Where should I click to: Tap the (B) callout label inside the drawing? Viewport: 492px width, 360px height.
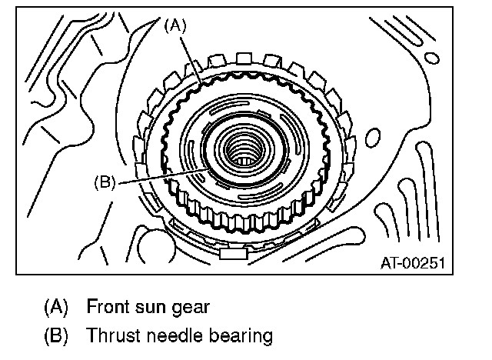(x=104, y=182)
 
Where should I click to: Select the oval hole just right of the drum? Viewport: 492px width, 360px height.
(x=374, y=138)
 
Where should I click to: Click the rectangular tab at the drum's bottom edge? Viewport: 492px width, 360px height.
(x=231, y=251)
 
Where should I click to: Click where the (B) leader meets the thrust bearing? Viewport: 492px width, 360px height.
(x=201, y=168)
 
